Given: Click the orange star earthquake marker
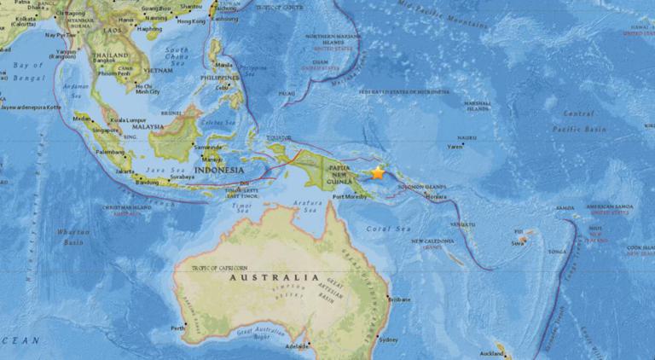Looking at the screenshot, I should click(378, 173).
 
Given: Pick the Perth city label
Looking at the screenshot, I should click(177, 328).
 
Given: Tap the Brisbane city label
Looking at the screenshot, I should click(399, 299).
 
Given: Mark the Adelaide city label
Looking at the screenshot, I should click(298, 345).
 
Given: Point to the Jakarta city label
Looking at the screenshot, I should click(125, 171).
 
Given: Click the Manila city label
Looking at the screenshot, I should click(225, 65).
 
